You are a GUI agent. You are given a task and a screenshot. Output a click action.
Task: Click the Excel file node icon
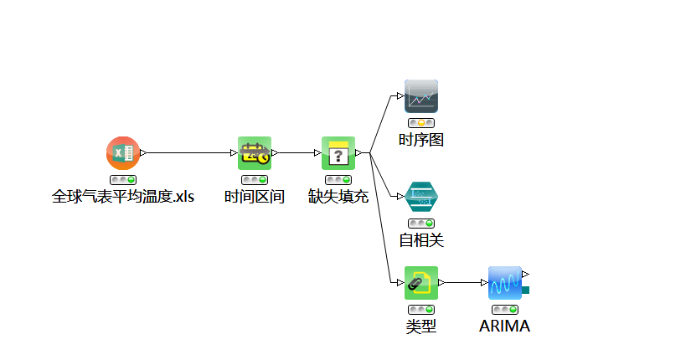123,153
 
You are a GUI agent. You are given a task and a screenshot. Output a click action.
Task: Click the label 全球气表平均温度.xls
123,198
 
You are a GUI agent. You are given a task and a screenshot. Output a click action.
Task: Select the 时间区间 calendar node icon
254,153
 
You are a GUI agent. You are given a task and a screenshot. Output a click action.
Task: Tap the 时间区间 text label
254,198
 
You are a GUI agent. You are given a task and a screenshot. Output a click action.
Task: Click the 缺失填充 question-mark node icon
338,153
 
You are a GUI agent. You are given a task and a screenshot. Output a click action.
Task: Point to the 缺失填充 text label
338,198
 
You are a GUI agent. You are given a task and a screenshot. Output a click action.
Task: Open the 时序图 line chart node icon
421,96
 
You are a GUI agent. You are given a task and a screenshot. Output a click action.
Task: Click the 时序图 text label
421,140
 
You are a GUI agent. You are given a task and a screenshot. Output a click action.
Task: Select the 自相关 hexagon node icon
421,197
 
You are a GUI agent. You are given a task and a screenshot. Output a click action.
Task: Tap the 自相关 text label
421,241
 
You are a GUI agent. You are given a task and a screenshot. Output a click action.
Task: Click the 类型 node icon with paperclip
421,283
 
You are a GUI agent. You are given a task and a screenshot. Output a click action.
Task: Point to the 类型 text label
421,327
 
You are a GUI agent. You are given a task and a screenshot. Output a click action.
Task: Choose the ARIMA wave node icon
505,283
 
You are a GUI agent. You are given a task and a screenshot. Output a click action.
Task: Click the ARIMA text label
505,327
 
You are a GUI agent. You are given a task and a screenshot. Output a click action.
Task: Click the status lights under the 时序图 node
421,123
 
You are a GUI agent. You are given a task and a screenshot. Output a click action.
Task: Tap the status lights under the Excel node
123,180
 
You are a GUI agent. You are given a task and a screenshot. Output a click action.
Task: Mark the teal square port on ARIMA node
526,290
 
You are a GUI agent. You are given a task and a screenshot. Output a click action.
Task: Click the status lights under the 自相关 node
421,224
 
